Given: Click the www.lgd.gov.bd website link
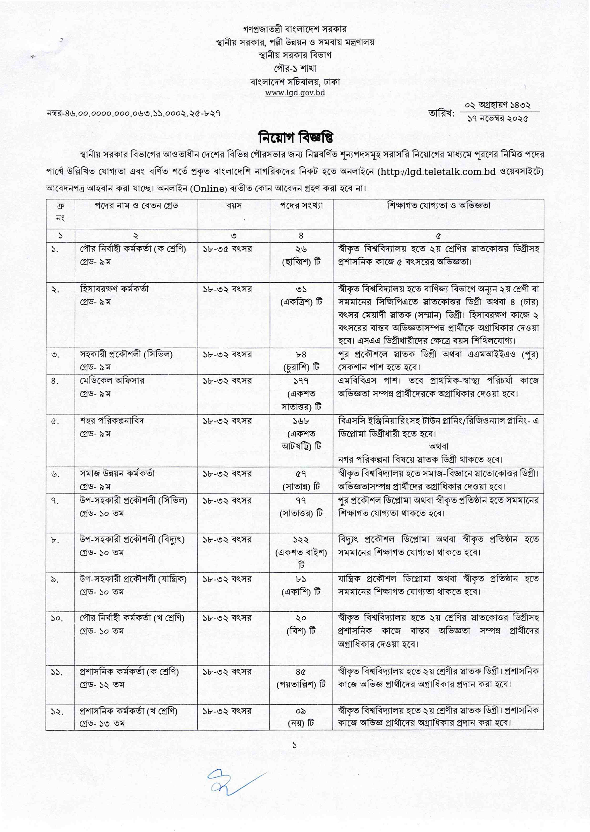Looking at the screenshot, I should (295, 93).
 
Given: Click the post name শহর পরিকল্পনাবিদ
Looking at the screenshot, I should (112, 421).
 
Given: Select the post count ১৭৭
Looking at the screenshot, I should (301, 381).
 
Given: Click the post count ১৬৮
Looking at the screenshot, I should (301, 421).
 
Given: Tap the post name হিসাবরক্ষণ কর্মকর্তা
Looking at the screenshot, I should (114, 289).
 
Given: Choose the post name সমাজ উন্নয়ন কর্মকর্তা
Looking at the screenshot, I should (117, 474).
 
